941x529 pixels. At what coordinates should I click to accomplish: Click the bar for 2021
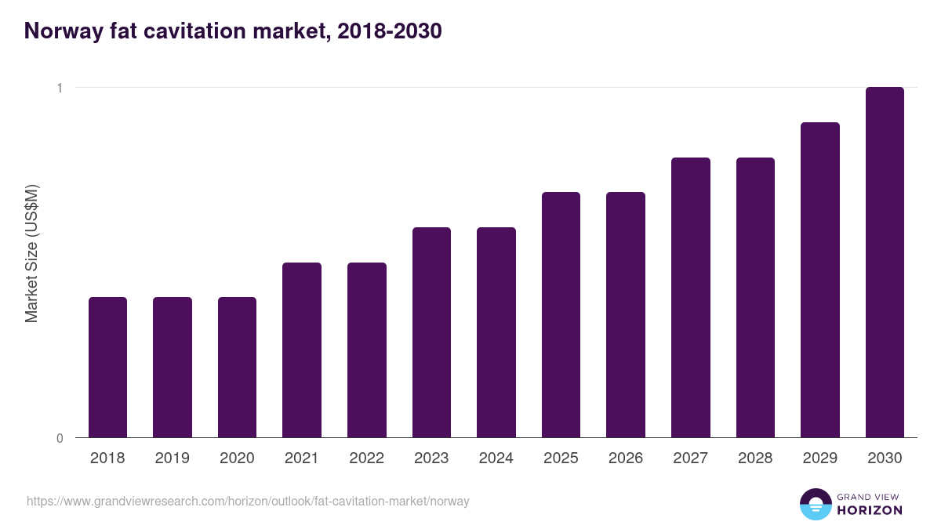coord(302,350)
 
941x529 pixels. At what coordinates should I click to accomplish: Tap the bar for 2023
coord(431,332)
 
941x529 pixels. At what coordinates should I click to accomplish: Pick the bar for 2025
coord(561,314)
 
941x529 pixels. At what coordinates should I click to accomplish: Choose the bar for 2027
coord(691,297)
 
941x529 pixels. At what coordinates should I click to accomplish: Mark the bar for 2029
coord(820,280)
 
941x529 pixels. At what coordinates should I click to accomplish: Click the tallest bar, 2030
coord(885,263)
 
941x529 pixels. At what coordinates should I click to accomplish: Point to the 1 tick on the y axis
coord(59,88)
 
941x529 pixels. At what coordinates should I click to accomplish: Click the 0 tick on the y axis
coord(59,438)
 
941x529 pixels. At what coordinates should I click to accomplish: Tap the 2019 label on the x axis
coord(173,458)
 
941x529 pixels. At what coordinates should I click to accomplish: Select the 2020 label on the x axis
coord(237,458)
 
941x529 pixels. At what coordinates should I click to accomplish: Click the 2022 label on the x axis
coord(366,458)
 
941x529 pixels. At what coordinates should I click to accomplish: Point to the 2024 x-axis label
coord(496,458)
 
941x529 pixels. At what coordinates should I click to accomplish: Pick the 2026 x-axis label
coord(626,458)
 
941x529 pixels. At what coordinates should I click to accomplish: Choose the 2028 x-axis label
coord(755,458)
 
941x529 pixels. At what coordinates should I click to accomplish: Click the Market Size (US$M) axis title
coord(31,253)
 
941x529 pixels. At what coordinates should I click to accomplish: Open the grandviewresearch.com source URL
coord(248,501)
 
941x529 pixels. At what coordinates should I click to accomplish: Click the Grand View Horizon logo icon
coord(815,504)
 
